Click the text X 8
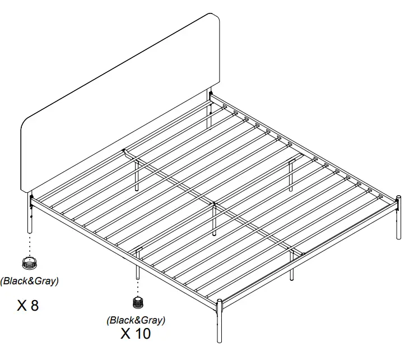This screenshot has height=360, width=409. [28, 306]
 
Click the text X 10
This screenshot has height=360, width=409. [136, 334]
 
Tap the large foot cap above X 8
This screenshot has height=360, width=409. [29, 262]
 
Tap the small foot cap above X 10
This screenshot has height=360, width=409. [137, 303]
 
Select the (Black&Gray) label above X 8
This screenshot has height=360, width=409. [29, 281]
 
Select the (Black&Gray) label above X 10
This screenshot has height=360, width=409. [136, 320]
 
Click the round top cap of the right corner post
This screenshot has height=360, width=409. [399, 197]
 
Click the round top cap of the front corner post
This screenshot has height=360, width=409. [219, 303]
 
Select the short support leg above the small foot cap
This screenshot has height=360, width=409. [137, 266]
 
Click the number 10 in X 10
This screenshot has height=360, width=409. [143, 334]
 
